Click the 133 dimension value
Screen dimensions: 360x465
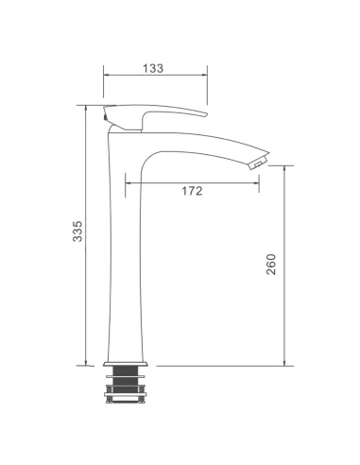tap(153, 68)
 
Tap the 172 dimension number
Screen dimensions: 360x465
tap(192, 191)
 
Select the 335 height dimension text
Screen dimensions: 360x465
tap(77, 232)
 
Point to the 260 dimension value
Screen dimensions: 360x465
tap(271, 265)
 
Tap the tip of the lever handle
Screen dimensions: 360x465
tap(205, 114)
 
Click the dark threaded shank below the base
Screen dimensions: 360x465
tap(125, 380)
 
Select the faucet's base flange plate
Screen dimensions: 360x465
tap(126, 364)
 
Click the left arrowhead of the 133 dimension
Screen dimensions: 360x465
tap(106, 75)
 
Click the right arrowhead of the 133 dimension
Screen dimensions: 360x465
tap(205, 75)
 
